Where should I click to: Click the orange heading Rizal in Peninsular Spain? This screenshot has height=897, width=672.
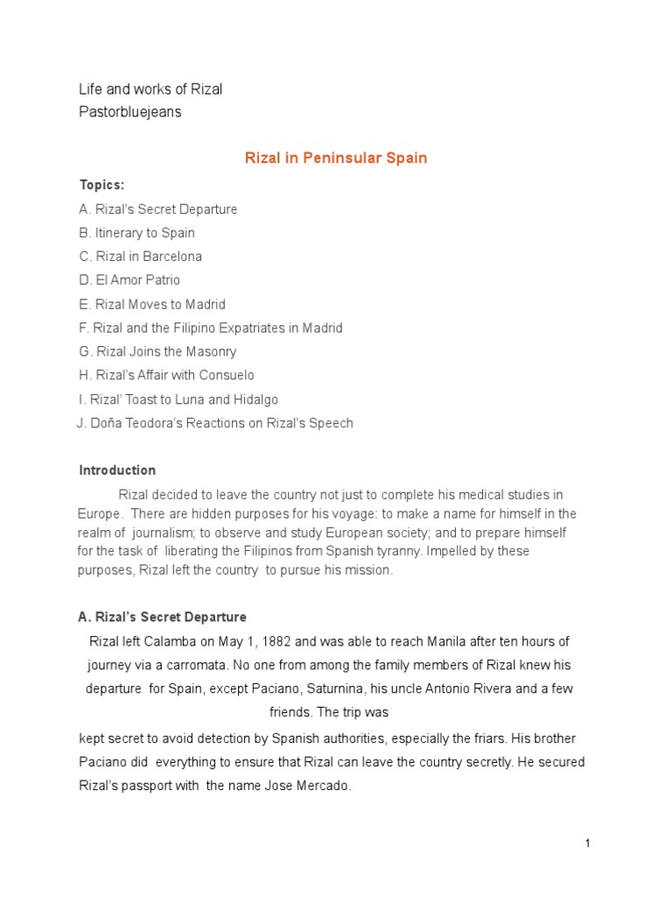click(335, 159)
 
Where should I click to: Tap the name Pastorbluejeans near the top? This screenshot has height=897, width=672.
click(130, 112)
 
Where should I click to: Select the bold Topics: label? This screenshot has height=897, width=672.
click(102, 185)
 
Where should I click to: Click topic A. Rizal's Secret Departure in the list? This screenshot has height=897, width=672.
click(157, 209)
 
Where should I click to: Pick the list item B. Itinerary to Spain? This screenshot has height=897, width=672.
click(136, 233)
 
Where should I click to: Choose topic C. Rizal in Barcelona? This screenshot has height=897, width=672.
click(140, 257)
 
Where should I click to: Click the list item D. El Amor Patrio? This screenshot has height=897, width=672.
click(129, 280)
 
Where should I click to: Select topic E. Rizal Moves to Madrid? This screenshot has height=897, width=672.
click(152, 305)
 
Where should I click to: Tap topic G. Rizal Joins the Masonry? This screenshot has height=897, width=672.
click(157, 352)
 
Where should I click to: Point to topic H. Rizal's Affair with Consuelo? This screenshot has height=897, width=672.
click(166, 376)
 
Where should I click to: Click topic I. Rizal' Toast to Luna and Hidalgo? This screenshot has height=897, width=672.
click(178, 399)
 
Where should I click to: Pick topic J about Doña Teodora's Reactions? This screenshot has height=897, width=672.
click(215, 423)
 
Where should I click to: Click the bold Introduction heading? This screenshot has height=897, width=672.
click(117, 470)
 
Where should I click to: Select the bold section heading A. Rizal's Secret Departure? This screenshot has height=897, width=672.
click(163, 618)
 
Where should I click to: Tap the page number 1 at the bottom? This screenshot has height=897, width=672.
click(588, 843)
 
